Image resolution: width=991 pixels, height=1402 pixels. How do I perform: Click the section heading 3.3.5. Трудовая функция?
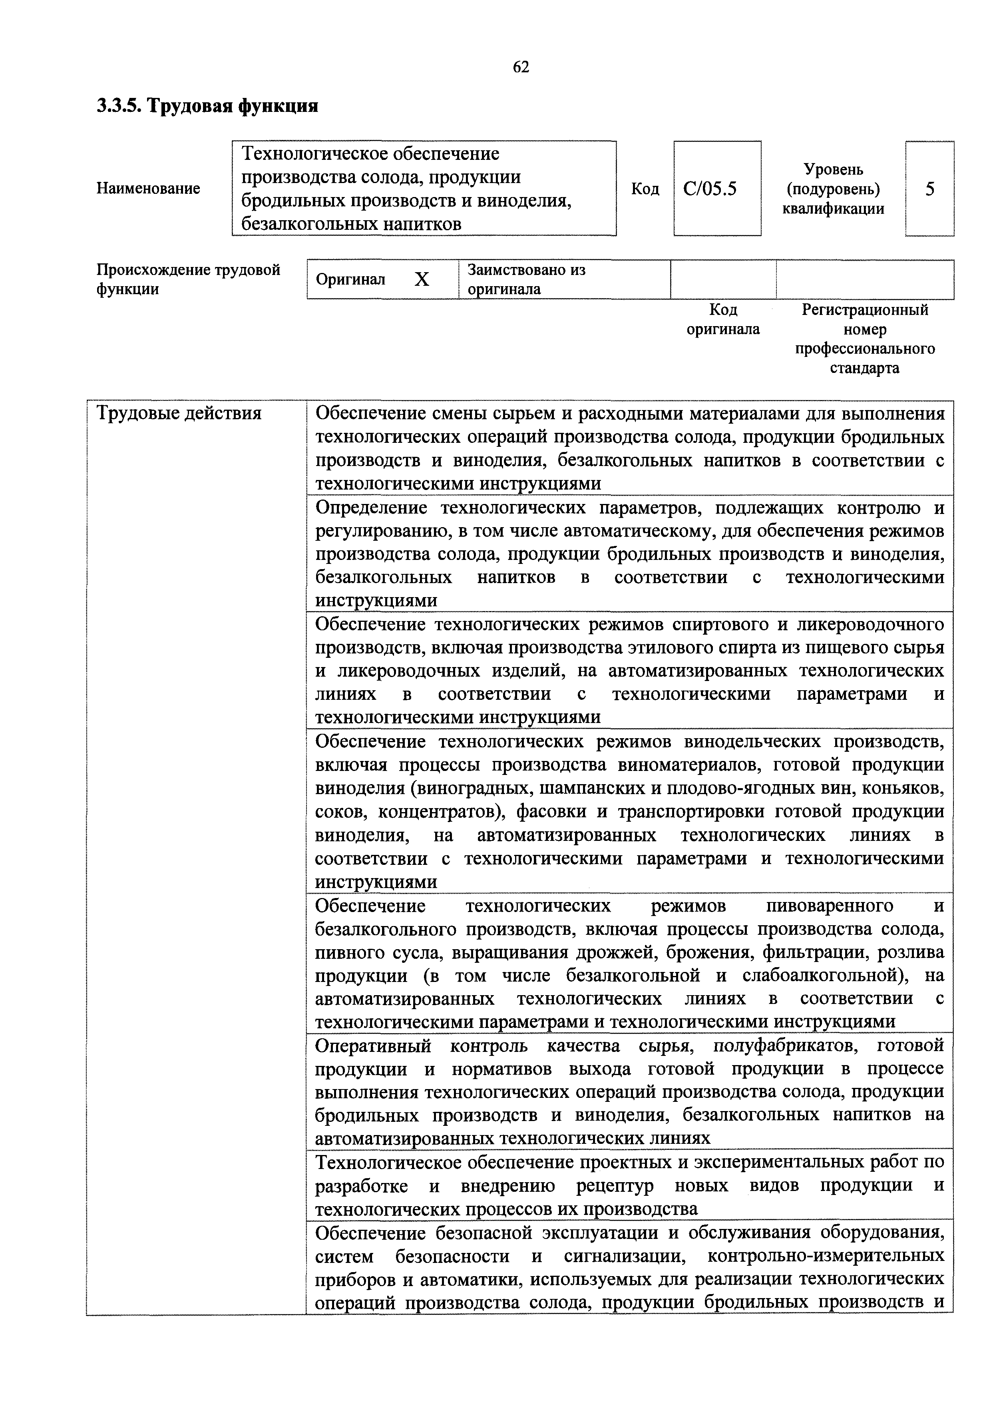(x=208, y=106)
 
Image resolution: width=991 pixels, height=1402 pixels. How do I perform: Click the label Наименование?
(x=148, y=189)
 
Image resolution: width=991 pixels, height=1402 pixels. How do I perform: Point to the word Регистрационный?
(x=865, y=310)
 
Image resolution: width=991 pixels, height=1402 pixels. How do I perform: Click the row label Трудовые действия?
(x=179, y=414)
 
